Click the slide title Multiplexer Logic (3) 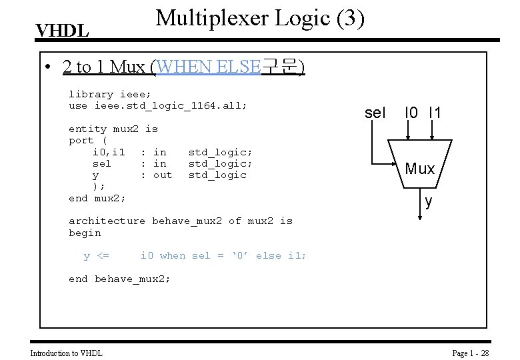(x=260, y=18)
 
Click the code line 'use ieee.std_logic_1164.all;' (x=158, y=105)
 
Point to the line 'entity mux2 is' (x=113, y=129)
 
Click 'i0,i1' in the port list (x=109, y=152)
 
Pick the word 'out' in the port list (x=162, y=175)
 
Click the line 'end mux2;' (x=97, y=198)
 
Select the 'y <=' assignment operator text (x=97, y=255)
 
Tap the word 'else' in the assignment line (x=269, y=255)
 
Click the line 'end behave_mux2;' (x=119, y=279)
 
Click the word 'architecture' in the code (x=107, y=221)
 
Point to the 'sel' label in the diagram (x=375, y=113)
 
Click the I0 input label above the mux (x=412, y=113)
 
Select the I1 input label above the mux (x=435, y=113)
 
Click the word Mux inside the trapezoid (x=420, y=169)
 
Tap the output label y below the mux (x=428, y=201)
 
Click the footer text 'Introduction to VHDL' (x=67, y=353)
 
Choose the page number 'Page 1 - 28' (x=471, y=353)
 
